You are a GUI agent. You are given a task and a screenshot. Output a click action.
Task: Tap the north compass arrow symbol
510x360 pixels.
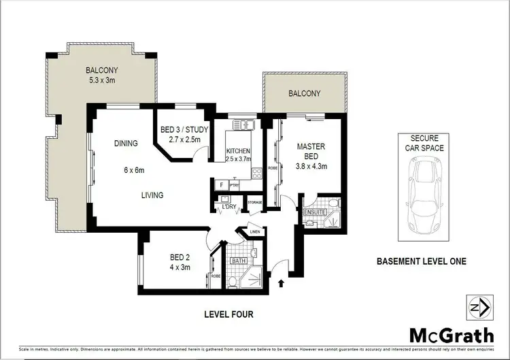coord(479,308)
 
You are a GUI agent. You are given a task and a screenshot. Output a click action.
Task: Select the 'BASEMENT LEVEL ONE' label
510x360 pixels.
coord(421,261)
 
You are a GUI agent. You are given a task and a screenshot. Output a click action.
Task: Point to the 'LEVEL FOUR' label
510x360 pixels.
coord(228,314)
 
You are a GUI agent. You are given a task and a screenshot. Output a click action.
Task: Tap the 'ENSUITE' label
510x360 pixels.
coord(313,213)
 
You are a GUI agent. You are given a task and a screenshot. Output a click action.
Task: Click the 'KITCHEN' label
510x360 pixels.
coord(239,150)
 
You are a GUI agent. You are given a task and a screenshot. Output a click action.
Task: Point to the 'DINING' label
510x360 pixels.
coord(126,144)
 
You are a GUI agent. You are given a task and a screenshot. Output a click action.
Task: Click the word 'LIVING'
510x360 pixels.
coord(152,195)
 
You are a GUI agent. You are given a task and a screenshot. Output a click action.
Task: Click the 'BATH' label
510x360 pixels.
coord(238,260)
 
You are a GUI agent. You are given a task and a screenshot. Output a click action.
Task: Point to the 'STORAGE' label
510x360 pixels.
coord(254,201)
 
